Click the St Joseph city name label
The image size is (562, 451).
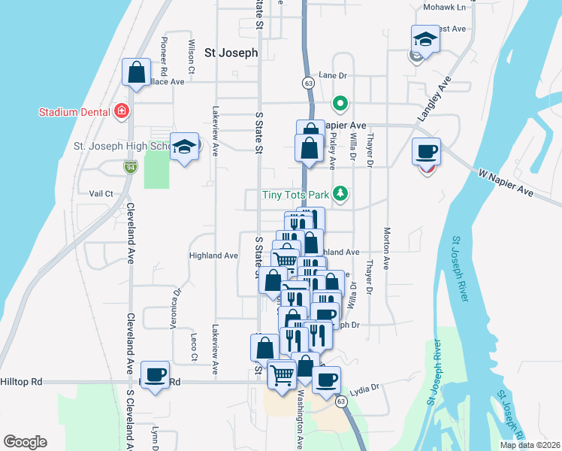tap(231, 53)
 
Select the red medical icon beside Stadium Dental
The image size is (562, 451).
tap(121, 112)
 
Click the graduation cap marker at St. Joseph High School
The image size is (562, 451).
tap(183, 147)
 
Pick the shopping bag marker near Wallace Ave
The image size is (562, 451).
tap(137, 73)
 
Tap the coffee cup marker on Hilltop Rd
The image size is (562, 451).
tap(156, 374)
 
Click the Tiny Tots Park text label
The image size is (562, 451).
tap(297, 195)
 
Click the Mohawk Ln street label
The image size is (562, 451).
tap(445, 8)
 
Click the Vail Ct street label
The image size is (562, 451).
tap(100, 193)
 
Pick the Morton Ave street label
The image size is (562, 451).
tap(387, 248)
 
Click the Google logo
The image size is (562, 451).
tap(25, 442)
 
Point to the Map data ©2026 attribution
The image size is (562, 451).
tap(530, 445)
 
